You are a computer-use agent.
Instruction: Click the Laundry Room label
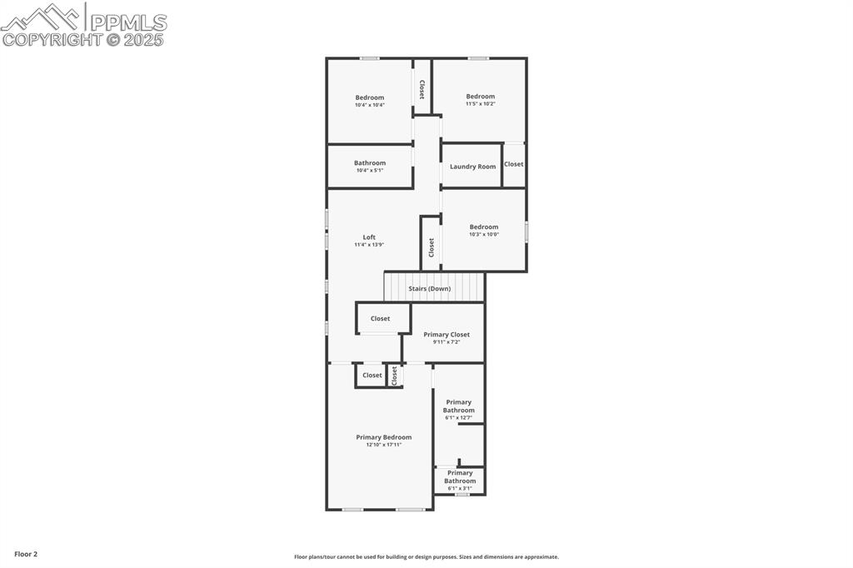pyautogui.click(x=472, y=167)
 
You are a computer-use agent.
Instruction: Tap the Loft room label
pyautogui.click(x=369, y=237)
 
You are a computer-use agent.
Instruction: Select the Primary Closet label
pyautogui.click(x=446, y=335)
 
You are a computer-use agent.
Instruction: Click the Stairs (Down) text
pyautogui.click(x=429, y=289)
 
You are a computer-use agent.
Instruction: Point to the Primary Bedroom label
pyautogui.click(x=383, y=437)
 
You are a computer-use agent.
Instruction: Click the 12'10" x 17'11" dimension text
pyautogui.click(x=383, y=445)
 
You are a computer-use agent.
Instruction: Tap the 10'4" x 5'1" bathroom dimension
pyautogui.click(x=370, y=170)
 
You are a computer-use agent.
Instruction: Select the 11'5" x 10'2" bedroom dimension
pyautogui.click(x=480, y=103)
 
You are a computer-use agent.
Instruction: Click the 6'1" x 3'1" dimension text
pyautogui.click(x=460, y=488)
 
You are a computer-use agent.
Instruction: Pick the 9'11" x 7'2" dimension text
pyautogui.click(x=446, y=341)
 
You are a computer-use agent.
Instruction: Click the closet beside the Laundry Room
pyautogui.click(x=514, y=164)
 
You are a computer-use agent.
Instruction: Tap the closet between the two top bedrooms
pyautogui.click(x=422, y=89)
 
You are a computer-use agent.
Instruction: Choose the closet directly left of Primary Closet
pyautogui.click(x=380, y=318)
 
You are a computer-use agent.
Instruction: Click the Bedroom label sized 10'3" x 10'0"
pyautogui.click(x=483, y=227)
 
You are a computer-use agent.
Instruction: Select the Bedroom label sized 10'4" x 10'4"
pyautogui.click(x=369, y=97)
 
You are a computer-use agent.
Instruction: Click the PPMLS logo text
pyautogui.click(x=127, y=22)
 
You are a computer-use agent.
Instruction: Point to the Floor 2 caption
pyautogui.click(x=26, y=554)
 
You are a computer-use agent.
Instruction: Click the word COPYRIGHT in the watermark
pyautogui.click(x=52, y=39)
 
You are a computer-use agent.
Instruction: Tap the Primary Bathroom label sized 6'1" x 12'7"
pyautogui.click(x=458, y=406)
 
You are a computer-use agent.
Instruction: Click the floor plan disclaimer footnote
pyautogui.click(x=426, y=557)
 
